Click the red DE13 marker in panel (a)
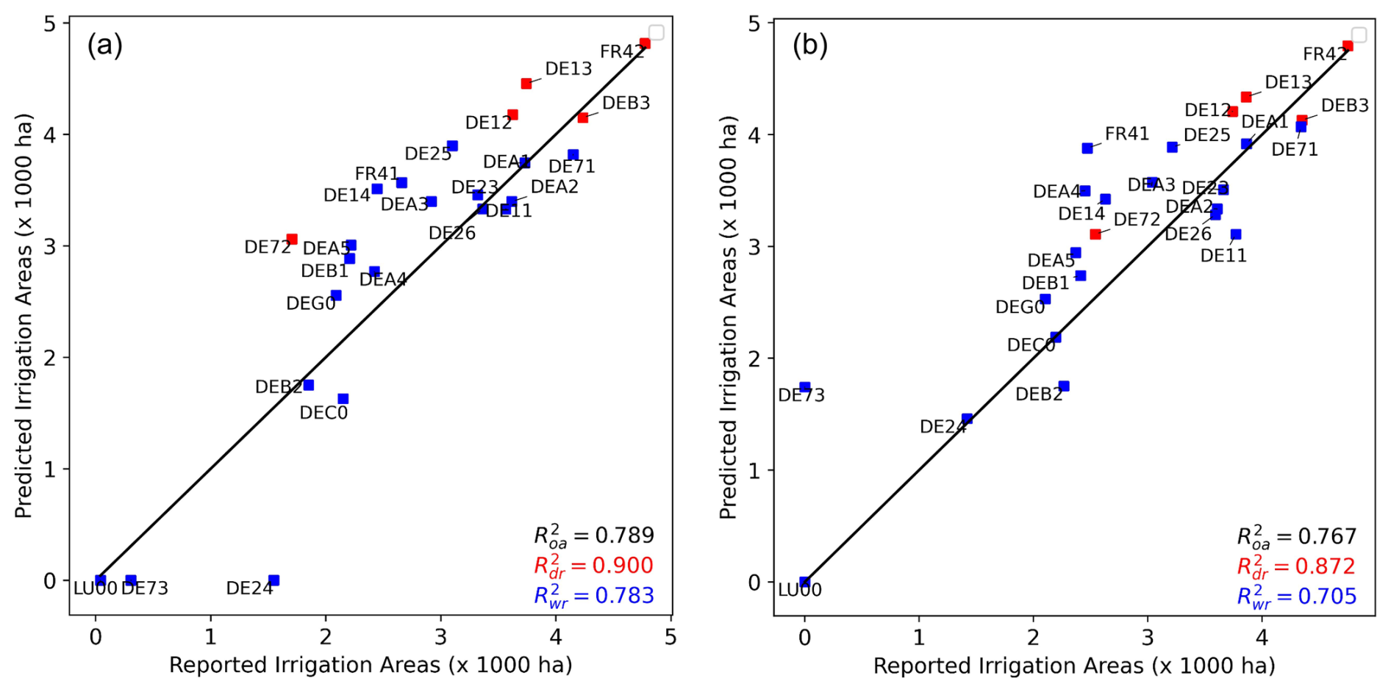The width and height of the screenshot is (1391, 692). point(526,84)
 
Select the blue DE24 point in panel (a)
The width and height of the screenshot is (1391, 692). point(273,580)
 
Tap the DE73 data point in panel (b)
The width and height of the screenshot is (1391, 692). point(804,387)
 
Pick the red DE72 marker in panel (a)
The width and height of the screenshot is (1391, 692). point(292,239)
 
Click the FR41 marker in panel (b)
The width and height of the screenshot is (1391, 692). point(1087,148)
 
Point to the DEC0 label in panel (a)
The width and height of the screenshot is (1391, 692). point(323,413)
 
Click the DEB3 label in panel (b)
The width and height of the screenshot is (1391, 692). point(1345,106)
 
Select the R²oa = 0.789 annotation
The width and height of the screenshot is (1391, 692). point(594,536)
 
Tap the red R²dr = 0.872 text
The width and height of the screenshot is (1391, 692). point(1296,566)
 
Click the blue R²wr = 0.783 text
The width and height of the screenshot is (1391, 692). point(594,596)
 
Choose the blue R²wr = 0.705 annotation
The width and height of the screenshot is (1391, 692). point(1296,597)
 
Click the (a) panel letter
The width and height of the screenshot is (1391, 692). point(105,46)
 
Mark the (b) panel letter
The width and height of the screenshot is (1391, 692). point(809,46)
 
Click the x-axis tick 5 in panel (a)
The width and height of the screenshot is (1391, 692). point(670,637)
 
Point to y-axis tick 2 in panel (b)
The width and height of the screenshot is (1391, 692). point(754,358)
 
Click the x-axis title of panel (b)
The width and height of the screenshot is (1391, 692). point(1073,666)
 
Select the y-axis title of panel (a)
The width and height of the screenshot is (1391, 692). point(24,316)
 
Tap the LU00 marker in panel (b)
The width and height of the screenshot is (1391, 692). point(804,582)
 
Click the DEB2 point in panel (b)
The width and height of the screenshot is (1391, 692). point(1064,386)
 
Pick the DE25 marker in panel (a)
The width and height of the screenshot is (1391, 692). point(452,146)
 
